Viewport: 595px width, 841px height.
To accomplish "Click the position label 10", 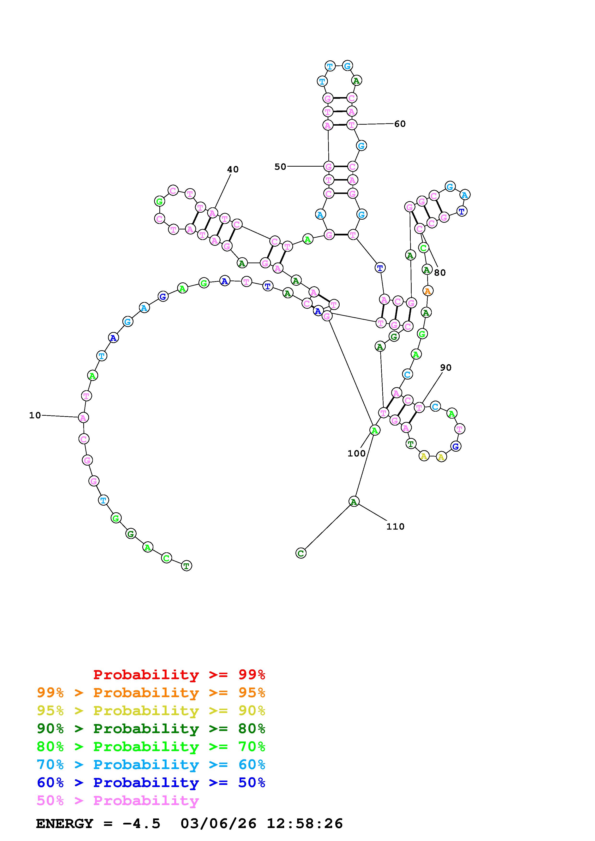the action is (35, 415).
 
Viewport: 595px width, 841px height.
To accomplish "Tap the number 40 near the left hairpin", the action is (233, 169).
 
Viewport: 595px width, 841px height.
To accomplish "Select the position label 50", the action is (280, 167).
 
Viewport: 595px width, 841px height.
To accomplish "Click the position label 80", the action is (440, 273).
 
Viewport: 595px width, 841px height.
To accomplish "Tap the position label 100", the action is (356, 454).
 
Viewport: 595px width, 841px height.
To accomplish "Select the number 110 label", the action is (395, 527).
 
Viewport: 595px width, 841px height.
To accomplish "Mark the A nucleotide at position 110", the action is (353, 502).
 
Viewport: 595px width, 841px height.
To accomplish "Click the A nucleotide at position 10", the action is (84, 418).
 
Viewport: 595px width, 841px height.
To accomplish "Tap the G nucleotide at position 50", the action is (329, 167).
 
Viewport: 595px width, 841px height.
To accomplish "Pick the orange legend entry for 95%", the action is (151, 693).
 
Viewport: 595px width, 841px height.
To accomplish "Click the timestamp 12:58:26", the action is (304, 823).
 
